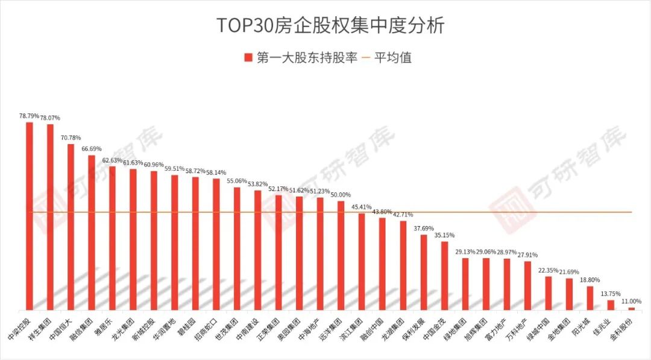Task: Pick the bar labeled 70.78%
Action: pos(71,227)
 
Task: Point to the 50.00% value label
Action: pos(341,195)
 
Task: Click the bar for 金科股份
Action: pos(632,308)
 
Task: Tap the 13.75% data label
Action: pos(611,294)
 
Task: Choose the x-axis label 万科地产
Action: pos(517,326)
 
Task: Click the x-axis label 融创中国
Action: pos(372,326)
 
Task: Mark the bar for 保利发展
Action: pos(424,272)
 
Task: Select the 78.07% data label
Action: pos(50,118)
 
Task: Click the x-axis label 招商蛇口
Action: pos(206,326)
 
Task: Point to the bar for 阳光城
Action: pos(590,298)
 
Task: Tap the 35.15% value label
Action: pos(444,235)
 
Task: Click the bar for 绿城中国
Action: pos(549,293)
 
